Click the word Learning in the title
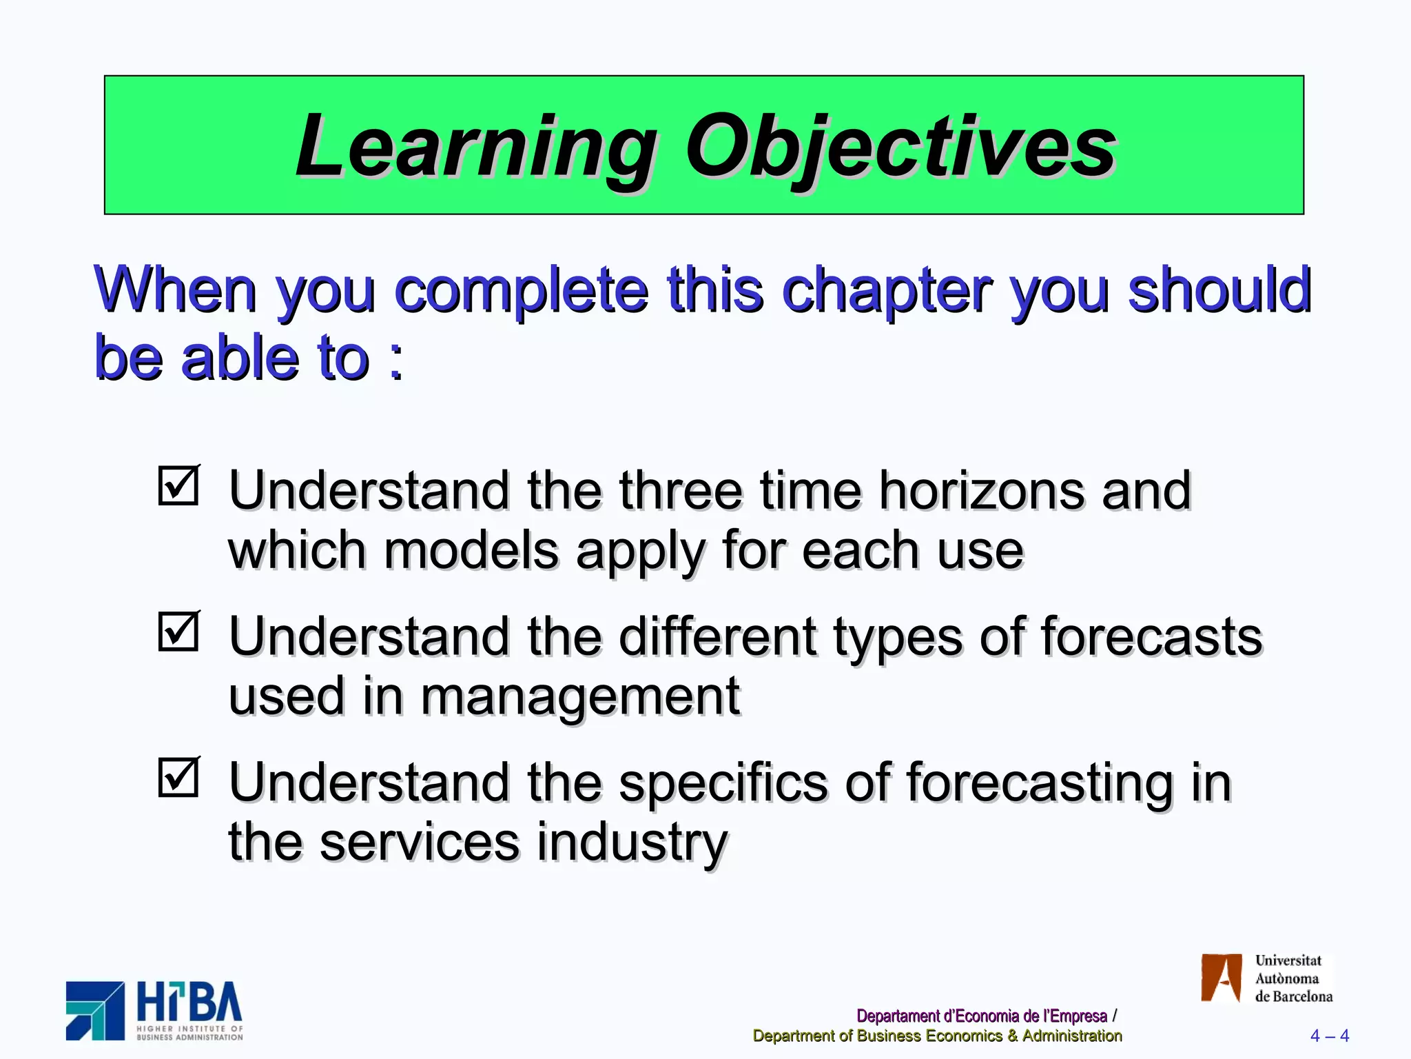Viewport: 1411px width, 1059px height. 475,147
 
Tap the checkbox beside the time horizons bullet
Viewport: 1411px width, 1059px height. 178,485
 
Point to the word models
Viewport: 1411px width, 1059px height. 471,551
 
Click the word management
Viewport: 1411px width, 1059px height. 580,696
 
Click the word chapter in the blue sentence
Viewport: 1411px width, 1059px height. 887,290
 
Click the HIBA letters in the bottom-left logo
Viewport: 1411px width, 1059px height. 189,1002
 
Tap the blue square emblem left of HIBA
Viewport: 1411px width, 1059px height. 95,1011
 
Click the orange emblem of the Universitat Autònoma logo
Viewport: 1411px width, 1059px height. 1221,978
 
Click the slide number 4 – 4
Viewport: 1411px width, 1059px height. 1329,1036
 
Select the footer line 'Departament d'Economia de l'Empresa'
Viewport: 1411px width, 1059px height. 981,1016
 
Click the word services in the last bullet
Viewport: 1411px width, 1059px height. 419,843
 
